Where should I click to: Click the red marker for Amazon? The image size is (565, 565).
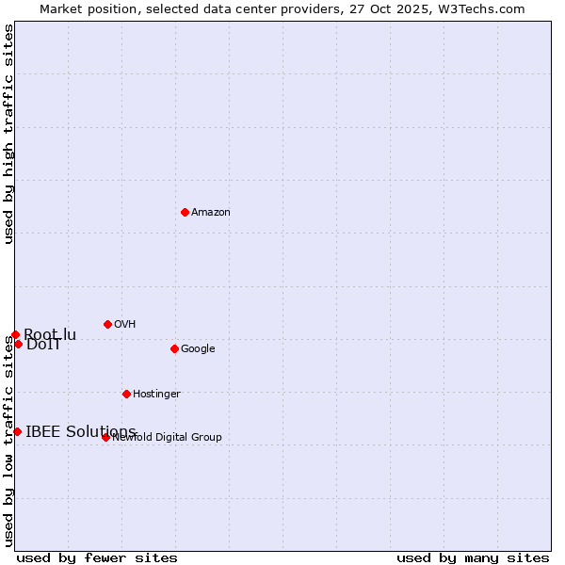click(185, 212)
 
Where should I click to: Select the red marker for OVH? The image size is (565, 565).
click(107, 324)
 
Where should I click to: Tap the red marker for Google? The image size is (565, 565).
click(174, 348)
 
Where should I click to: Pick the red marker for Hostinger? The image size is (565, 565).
click(126, 394)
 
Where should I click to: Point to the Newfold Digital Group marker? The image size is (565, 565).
click(105, 437)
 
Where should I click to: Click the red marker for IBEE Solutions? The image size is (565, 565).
click(17, 431)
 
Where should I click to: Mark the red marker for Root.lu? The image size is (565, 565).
click(15, 334)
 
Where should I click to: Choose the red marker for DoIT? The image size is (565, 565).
click(18, 344)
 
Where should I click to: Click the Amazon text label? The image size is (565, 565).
click(211, 213)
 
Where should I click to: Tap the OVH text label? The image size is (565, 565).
click(125, 325)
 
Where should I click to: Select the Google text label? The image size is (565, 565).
click(198, 349)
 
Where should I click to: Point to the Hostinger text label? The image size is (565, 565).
click(156, 395)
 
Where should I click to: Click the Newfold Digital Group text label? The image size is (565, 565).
click(168, 438)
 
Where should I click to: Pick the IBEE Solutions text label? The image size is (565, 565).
click(81, 432)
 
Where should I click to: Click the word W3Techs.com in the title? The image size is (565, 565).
click(480, 9)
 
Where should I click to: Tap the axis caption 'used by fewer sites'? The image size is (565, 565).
click(97, 557)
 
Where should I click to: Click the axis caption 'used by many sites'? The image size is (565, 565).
click(473, 557)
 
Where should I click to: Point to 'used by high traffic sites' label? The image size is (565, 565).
click(9, 134)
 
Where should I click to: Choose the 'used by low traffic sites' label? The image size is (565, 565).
click(9, 441)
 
